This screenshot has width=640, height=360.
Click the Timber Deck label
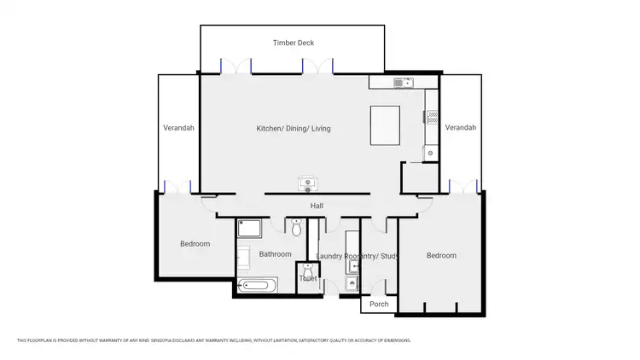click(292, 42)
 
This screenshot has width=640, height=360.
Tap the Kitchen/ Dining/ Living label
click(294, 129)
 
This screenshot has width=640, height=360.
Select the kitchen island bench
click(385, 127)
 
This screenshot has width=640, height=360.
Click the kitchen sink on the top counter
click(402, 83)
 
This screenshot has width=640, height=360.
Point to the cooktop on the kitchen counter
click(432, 116)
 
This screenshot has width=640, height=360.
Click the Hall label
click(317, 206)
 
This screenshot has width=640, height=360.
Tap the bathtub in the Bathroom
click(258, 286)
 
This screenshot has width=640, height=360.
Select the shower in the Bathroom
click(249, 228)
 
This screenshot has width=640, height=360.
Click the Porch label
click(379, 304)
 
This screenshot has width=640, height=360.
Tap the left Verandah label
click(179, 128)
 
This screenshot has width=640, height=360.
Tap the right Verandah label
click(460, 127)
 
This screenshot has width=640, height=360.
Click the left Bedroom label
click(195, 244)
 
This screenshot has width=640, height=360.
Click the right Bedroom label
click(441, 255)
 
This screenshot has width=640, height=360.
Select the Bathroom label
click(276, 254)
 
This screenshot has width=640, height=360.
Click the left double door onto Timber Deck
click(236, 66)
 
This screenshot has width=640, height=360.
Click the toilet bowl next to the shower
click(296, 228)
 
